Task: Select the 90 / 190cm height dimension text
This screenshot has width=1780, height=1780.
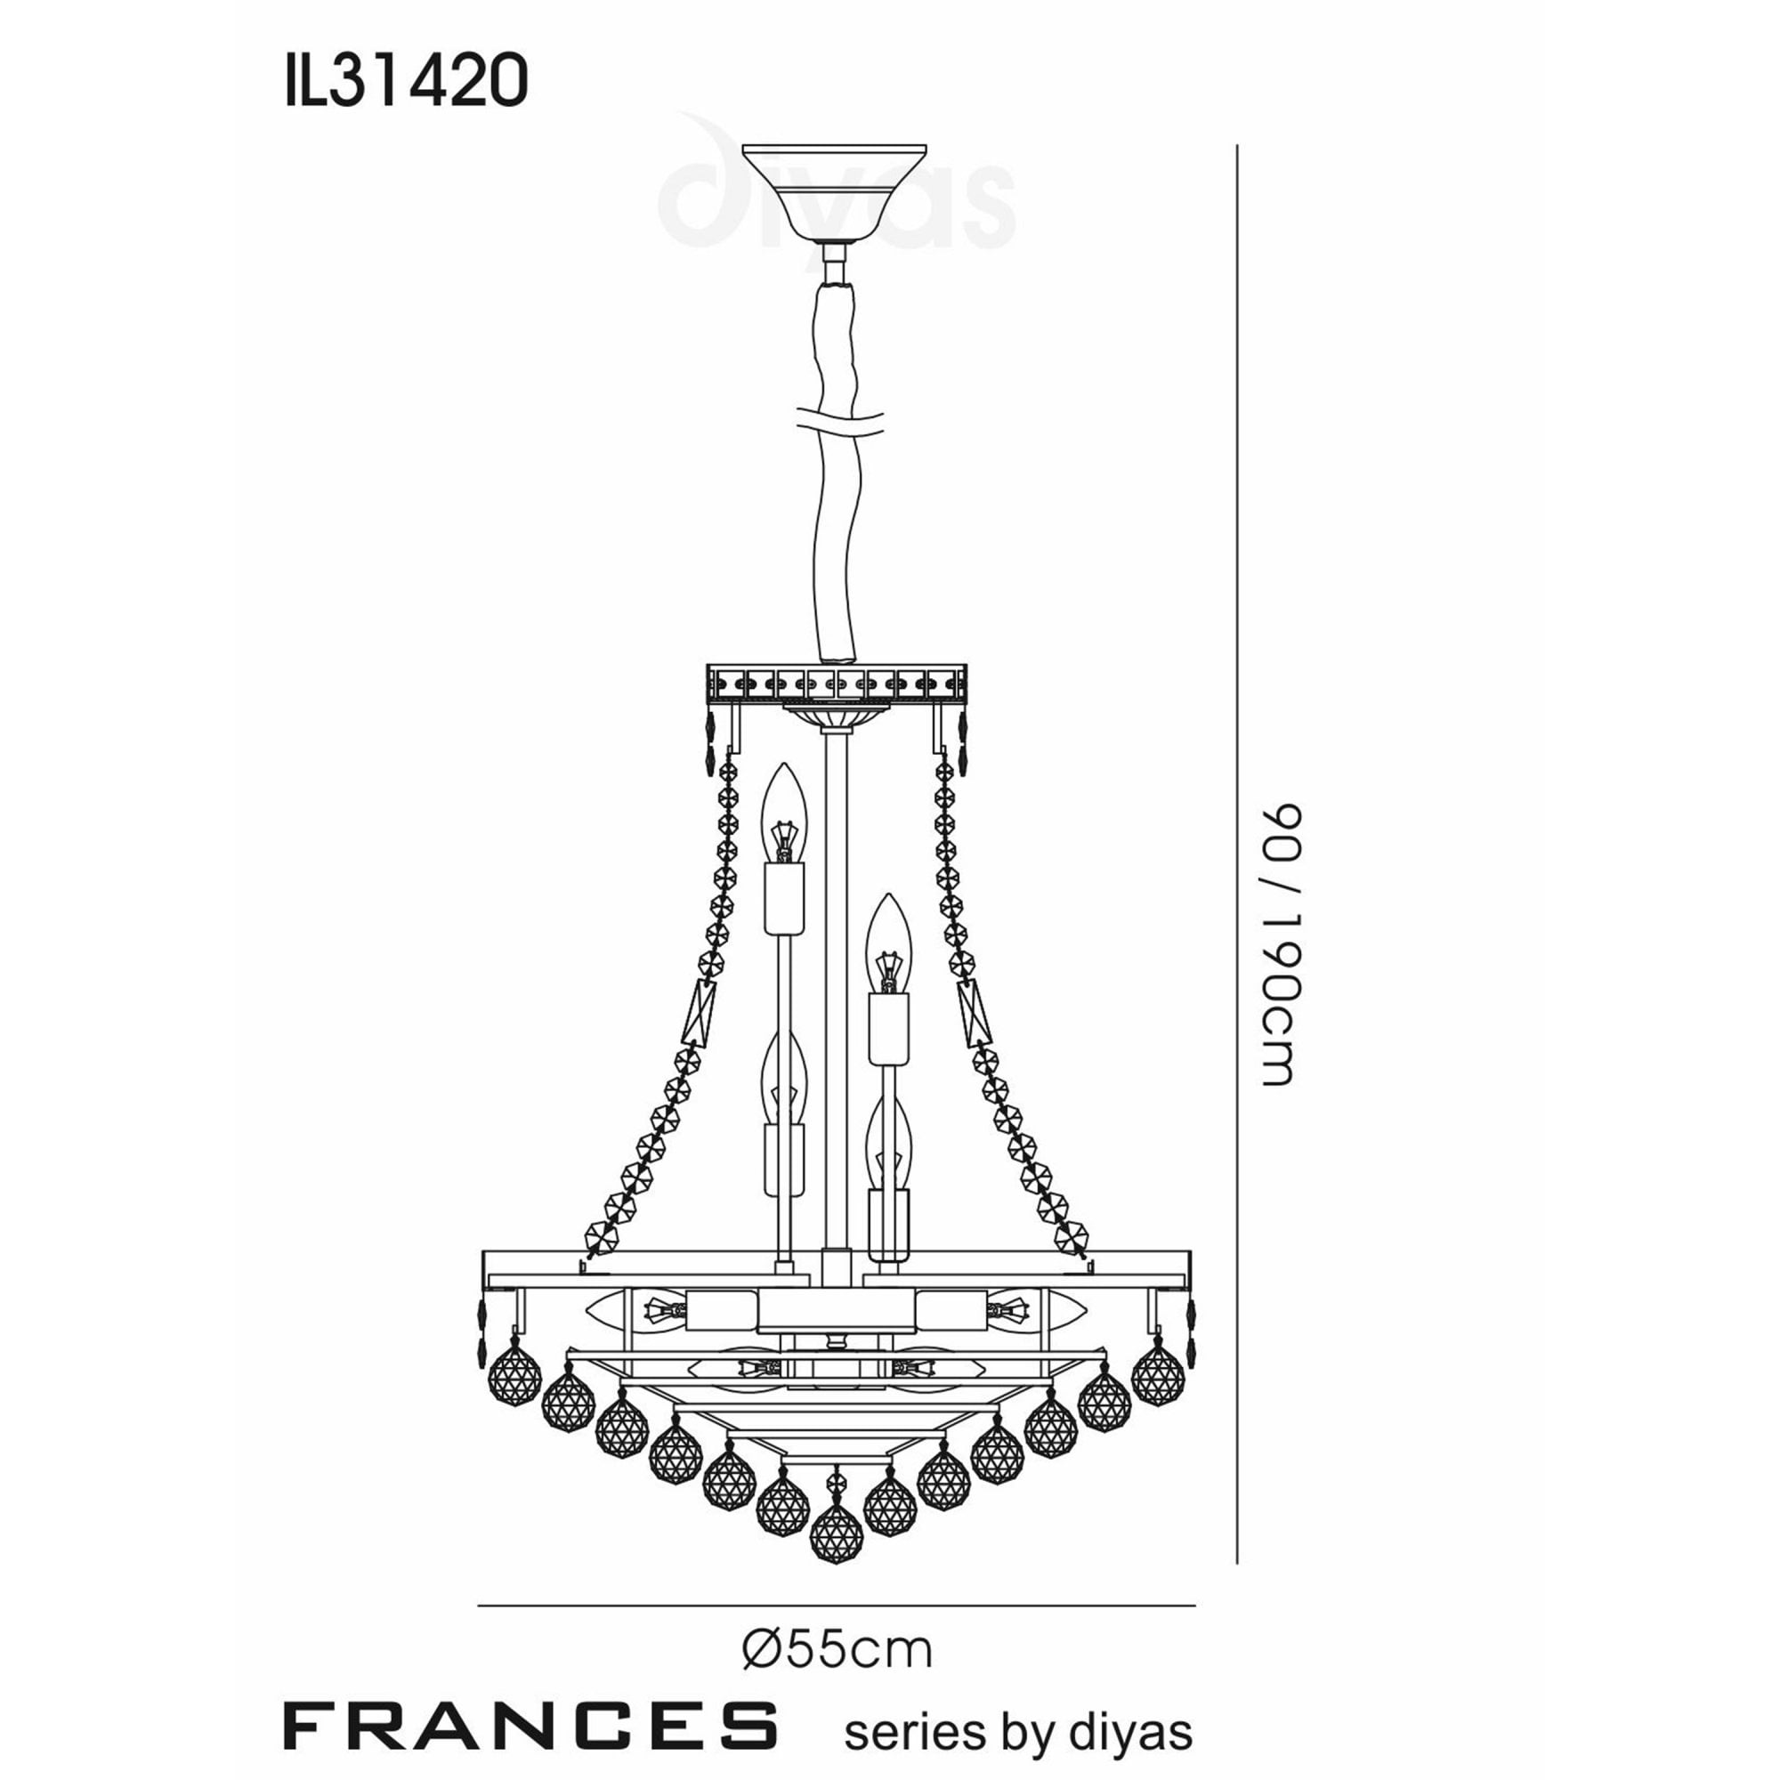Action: pyautogui.click(x=1281, y=944)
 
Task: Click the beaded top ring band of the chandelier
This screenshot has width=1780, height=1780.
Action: pyautogui.click(x=837, y=684)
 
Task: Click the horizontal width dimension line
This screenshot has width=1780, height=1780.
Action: pyautogui.click(x=837, y=1606)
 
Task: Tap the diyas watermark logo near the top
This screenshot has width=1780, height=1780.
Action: pyautogui.click(x=834, y=198)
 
